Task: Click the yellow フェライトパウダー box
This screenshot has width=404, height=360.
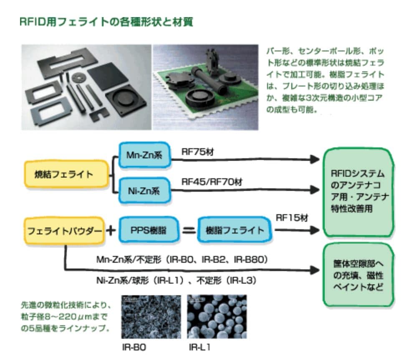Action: [x=64, y=231]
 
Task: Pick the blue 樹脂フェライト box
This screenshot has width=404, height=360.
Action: [x=235, y=230]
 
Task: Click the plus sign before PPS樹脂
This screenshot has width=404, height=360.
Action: [x=111, y=231]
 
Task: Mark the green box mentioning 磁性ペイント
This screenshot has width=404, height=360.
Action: [x=359, y=275]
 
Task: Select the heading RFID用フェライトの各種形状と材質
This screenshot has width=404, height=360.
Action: [x=106, y=22]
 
